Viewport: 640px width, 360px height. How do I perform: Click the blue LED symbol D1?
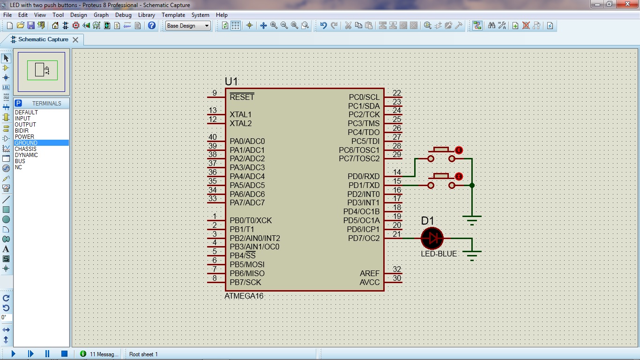tap(432, 238)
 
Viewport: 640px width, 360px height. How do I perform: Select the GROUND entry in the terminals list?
tap(26, 142)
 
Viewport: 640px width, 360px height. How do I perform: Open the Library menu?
tap(146, 15)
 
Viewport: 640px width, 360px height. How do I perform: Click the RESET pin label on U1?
tap(242, 97)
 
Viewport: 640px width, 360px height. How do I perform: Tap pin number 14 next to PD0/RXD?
tap(397, 172)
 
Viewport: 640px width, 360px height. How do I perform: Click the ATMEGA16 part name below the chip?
tap(244, 296)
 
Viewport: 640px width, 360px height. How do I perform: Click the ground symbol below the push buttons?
tap(472, 219)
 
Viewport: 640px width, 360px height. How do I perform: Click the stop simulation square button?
tap(65, 354)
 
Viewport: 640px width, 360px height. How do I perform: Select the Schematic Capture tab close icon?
tap(75, 40)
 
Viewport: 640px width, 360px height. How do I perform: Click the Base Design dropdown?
tap(188, 26)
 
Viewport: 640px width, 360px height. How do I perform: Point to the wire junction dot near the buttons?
tap(472, 185)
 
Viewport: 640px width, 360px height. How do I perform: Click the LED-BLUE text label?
tap(439, 254)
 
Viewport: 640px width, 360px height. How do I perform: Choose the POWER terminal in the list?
tap(24, 136)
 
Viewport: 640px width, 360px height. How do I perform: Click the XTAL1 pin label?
tap(240, 114)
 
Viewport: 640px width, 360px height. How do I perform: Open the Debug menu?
tap(123, 15)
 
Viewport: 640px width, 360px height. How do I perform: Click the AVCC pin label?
tap(370, 282)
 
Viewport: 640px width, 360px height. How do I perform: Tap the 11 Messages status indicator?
tap(100, 354)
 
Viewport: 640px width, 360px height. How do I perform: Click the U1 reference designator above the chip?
tap(231, 82)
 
